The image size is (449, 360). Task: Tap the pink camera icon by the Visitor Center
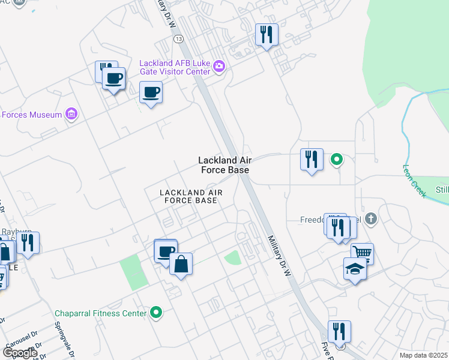pos(219,66)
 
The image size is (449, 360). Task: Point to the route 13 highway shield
pos(178,38)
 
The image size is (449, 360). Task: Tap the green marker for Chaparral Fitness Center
pos(156,312)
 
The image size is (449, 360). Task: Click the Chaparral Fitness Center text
pos(100,313)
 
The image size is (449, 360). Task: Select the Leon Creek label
pos(414,181)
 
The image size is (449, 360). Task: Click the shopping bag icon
pos(181,264)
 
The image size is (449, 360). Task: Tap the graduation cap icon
pos(355,268)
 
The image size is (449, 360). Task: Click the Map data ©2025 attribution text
pos(423,355)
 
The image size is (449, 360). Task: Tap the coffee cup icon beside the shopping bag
pos(165,252)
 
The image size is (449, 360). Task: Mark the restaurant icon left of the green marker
pos(312,160)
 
